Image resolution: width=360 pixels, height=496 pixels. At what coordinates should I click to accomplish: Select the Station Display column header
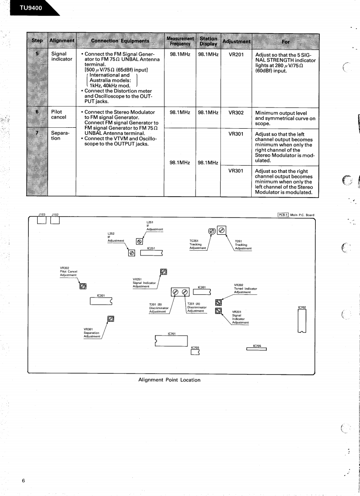[x=208, y=41]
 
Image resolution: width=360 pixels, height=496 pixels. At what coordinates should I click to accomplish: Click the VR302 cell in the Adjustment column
[x=236, y=112]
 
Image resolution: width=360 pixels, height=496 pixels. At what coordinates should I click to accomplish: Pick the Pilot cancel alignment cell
[x=56, y=114]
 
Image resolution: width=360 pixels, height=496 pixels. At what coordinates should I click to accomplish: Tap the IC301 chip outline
[x=101, y=301]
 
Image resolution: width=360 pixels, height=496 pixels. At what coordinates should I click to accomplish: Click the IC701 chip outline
[x=172, y=342]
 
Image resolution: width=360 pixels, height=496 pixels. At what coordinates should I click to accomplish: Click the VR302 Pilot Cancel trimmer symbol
[x=82, y=286]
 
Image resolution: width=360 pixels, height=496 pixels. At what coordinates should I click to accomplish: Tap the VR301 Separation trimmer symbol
[x=111, y=319]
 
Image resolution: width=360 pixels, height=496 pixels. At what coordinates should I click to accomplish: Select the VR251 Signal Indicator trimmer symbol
[x=163, y=271]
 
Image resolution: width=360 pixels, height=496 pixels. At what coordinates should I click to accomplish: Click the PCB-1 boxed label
[x=283, y=215]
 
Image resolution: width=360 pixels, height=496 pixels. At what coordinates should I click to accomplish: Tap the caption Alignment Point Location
[x=169, y=380]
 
